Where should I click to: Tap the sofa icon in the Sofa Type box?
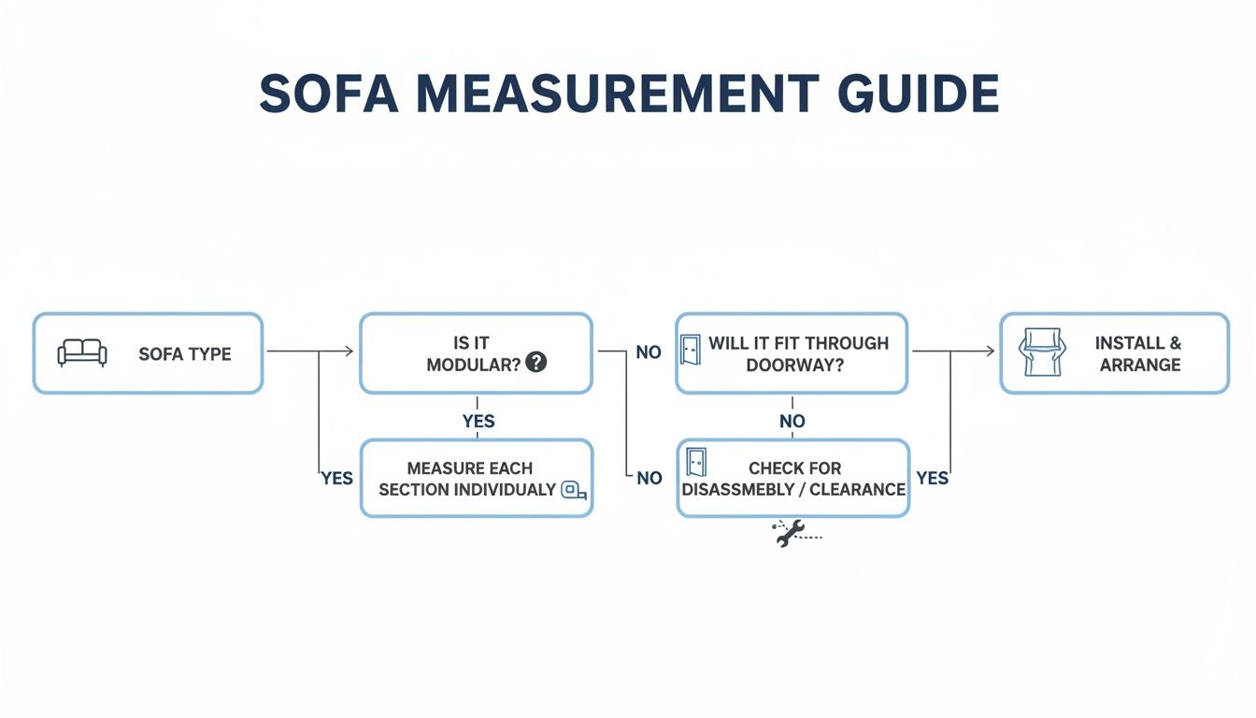coord(82,352)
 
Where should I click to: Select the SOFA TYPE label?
coord(184,354)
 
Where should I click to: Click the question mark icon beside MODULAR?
coord(535,363)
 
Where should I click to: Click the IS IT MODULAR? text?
coord(473,354)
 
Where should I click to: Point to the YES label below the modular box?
coord(478,422)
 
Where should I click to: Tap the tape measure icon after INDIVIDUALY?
coord(574,490)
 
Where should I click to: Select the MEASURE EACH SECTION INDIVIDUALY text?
coord(469,479)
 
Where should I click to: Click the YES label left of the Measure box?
coord(336,479)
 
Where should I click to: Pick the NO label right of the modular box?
coord(649,353)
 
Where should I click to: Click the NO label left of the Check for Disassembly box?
coord(649,479)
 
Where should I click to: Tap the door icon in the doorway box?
coord(692,351)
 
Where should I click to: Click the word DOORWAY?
coord(794,366)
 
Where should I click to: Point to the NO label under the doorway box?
coord(792,422)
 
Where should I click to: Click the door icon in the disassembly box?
coord(696,463)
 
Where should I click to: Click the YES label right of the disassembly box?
coord(932,479)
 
